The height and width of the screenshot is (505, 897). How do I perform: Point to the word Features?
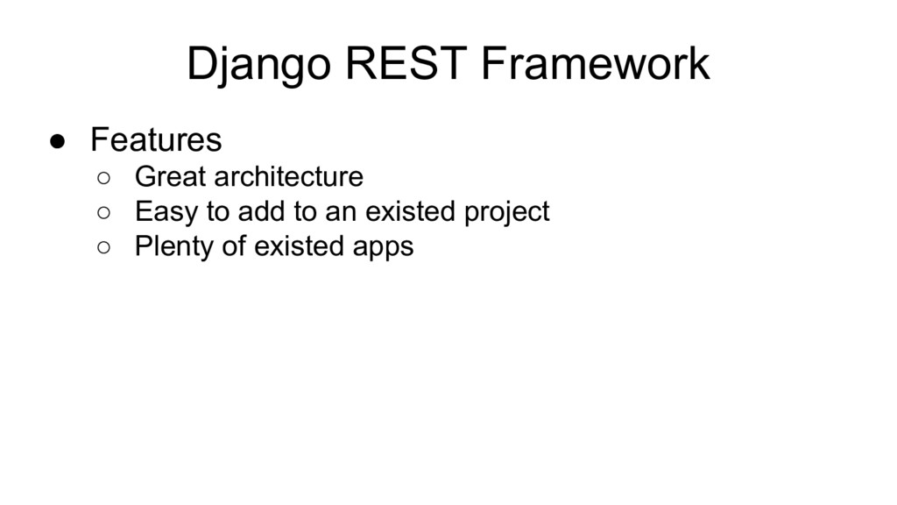click(x=156, y=139)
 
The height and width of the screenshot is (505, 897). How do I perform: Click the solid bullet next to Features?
click(x=57, y=141)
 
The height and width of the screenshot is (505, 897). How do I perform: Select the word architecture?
click(x=289, y=176)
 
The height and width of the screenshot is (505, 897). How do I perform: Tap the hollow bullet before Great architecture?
click(x=103, y=178)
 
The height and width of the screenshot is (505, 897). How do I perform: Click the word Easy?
click(x=166, y=213)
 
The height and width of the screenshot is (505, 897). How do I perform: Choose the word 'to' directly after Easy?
click(x=218, y=211)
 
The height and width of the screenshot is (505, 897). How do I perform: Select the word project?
click(x=507, y=213)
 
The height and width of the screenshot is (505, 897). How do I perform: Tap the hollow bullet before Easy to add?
click(x=103, y=213)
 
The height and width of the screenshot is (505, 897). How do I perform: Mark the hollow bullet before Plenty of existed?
click(x=103, y=247)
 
